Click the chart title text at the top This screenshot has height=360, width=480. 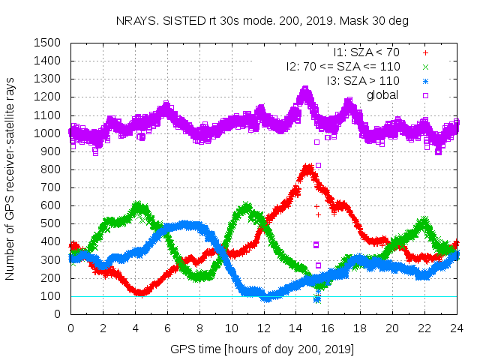click(262, 21)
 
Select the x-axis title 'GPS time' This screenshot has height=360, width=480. click(262, 349)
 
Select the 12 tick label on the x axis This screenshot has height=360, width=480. click(263, 328)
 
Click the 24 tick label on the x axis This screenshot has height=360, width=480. click(457, 328)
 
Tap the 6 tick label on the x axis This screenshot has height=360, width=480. click(166, 328)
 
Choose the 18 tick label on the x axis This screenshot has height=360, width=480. click(360, 328)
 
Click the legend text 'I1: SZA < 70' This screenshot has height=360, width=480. click(367, 53)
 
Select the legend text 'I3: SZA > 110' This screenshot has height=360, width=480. click(362, 80)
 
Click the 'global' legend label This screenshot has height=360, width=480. click(382, 94)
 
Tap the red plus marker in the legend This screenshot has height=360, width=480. click(425, 53)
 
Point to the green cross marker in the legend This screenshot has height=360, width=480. click(425, 67)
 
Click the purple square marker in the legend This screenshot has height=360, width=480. click(425, 94)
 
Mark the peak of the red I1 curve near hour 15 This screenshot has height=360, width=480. click(307, 168)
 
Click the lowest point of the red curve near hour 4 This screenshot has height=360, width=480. click(139, 292)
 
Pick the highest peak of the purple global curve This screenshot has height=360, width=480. click(305, 91)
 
